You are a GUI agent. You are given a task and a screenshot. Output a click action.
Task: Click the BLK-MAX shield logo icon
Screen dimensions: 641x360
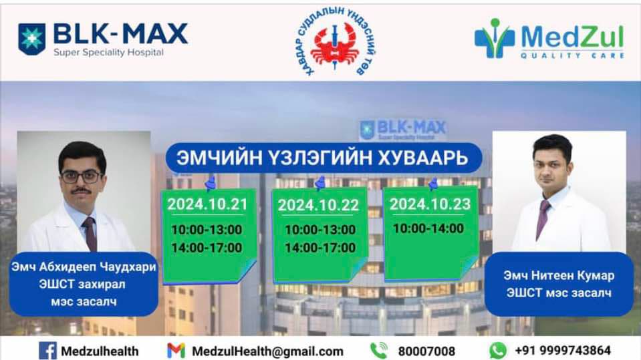tap(32, 39)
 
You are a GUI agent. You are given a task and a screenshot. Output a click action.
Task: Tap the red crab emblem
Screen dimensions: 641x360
tap(335, 45)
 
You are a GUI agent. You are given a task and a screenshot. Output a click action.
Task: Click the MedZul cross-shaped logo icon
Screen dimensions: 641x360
tap(495, 38)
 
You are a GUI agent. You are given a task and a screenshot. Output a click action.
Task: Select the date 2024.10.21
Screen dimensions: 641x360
tap(207, 204)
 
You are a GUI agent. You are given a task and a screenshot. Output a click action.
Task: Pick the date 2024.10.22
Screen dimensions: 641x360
tap(318, 205)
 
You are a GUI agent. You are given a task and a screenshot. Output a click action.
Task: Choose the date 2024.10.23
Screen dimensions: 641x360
tap(430, 204)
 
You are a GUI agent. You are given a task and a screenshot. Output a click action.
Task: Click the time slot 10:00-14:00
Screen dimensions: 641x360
tap(428, 228)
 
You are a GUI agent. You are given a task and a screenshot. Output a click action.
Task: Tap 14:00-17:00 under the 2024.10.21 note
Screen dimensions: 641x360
tap(207, 248)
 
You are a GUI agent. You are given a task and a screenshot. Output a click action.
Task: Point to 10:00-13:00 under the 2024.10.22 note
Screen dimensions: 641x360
tap(320, 230)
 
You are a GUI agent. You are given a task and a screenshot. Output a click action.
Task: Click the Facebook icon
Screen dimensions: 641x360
tap(47, 351)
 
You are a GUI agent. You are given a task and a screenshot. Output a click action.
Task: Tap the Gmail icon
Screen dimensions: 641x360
tap(176, 351)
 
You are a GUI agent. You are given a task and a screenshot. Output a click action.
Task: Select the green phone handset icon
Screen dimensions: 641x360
tap(379, 351)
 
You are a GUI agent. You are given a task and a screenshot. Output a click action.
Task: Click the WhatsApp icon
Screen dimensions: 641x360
tap(498, 351)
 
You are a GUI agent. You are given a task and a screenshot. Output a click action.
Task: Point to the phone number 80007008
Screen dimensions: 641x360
tap(426, 351)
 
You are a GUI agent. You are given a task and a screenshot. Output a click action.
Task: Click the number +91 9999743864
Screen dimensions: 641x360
tap(563, 350)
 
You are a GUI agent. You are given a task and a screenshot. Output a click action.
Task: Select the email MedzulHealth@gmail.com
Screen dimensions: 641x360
tap(268, 351)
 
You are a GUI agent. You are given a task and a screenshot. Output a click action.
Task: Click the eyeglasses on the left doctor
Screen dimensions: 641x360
tap(82, 177)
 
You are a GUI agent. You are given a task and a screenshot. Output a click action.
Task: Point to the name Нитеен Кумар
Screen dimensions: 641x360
tap(573, 275)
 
